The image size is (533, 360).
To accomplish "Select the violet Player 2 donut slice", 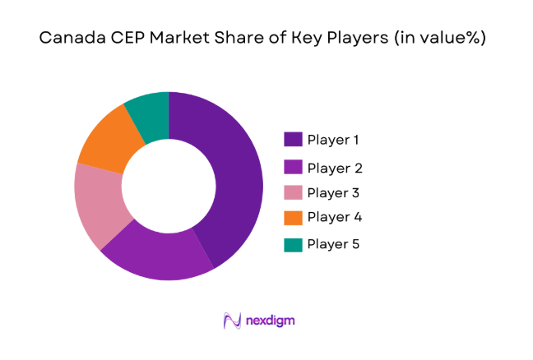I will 160,255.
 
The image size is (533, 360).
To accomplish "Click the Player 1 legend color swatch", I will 292,140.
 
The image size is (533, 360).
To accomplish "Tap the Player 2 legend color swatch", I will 292,168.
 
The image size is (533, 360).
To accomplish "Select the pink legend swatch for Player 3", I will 292,193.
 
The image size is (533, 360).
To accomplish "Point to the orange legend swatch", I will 292,218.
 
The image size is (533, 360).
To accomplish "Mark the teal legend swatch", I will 292,244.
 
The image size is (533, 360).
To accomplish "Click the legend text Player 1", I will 333,140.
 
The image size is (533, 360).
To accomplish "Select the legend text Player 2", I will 334,168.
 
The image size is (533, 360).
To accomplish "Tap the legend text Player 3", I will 334,193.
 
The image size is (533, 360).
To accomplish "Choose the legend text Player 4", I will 334,218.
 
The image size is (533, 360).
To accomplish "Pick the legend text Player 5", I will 334,244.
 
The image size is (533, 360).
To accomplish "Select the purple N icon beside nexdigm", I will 231,320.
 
